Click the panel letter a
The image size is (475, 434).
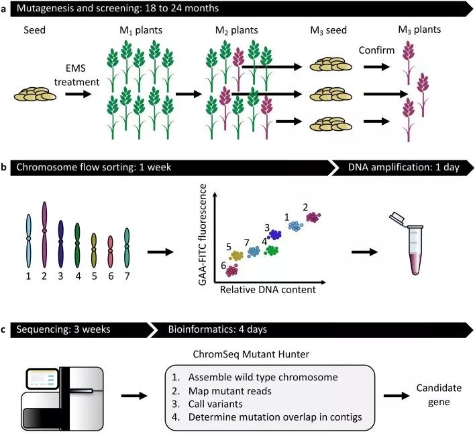point(5,9)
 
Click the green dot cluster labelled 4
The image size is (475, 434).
point(272,251)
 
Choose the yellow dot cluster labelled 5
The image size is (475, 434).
point(236,256)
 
